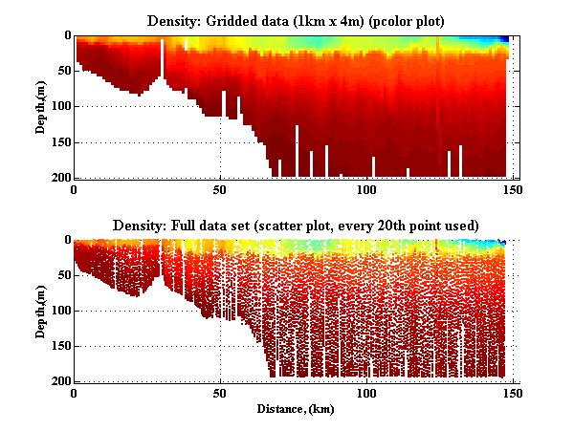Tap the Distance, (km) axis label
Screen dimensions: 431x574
[x=296, y=409]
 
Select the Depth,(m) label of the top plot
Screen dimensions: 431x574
[x=42, y=106]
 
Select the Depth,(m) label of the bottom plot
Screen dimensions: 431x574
[x=42, y=310]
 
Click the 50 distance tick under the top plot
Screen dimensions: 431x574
[x=221, y=189]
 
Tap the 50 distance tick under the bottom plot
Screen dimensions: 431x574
[x=221, y=393]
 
